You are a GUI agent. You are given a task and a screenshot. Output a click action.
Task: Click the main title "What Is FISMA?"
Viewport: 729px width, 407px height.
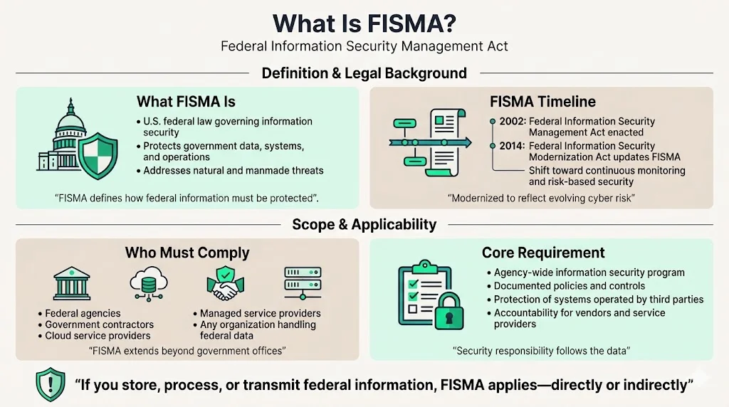(x=364, y=23)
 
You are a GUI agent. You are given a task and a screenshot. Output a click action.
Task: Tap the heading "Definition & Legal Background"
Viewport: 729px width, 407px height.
(x=364, y=73)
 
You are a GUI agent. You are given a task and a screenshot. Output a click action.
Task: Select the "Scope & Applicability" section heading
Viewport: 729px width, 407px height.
(x=364, y=225)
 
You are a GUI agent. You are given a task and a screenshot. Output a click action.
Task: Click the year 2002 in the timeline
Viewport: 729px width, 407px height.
(x=513, y=122)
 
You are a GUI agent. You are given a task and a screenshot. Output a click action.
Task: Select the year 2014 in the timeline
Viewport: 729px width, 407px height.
(x=513, y=146)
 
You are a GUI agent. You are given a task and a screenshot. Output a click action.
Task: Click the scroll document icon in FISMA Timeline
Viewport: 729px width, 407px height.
(x=446, y=144)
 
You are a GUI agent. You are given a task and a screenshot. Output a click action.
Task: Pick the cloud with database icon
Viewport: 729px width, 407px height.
(x=148, y=284)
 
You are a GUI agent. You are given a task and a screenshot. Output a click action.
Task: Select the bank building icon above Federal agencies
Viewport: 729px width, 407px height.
(x=72, y=283)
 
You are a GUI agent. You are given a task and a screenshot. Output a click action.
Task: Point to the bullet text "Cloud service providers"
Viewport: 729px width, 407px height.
(x=98, y=335)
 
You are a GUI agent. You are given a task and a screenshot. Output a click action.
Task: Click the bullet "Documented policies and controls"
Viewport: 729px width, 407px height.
(x=570, y=286)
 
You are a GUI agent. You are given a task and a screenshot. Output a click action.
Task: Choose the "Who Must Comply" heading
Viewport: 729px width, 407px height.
(x=187, y=253)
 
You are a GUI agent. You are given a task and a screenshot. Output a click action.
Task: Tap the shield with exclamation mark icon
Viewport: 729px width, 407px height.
(x=50, y=385)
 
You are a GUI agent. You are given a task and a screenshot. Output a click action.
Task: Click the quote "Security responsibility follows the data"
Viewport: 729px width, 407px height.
(x=542, y=350)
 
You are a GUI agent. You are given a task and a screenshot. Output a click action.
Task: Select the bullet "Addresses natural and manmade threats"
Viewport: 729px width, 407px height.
(x=234, y=171)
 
